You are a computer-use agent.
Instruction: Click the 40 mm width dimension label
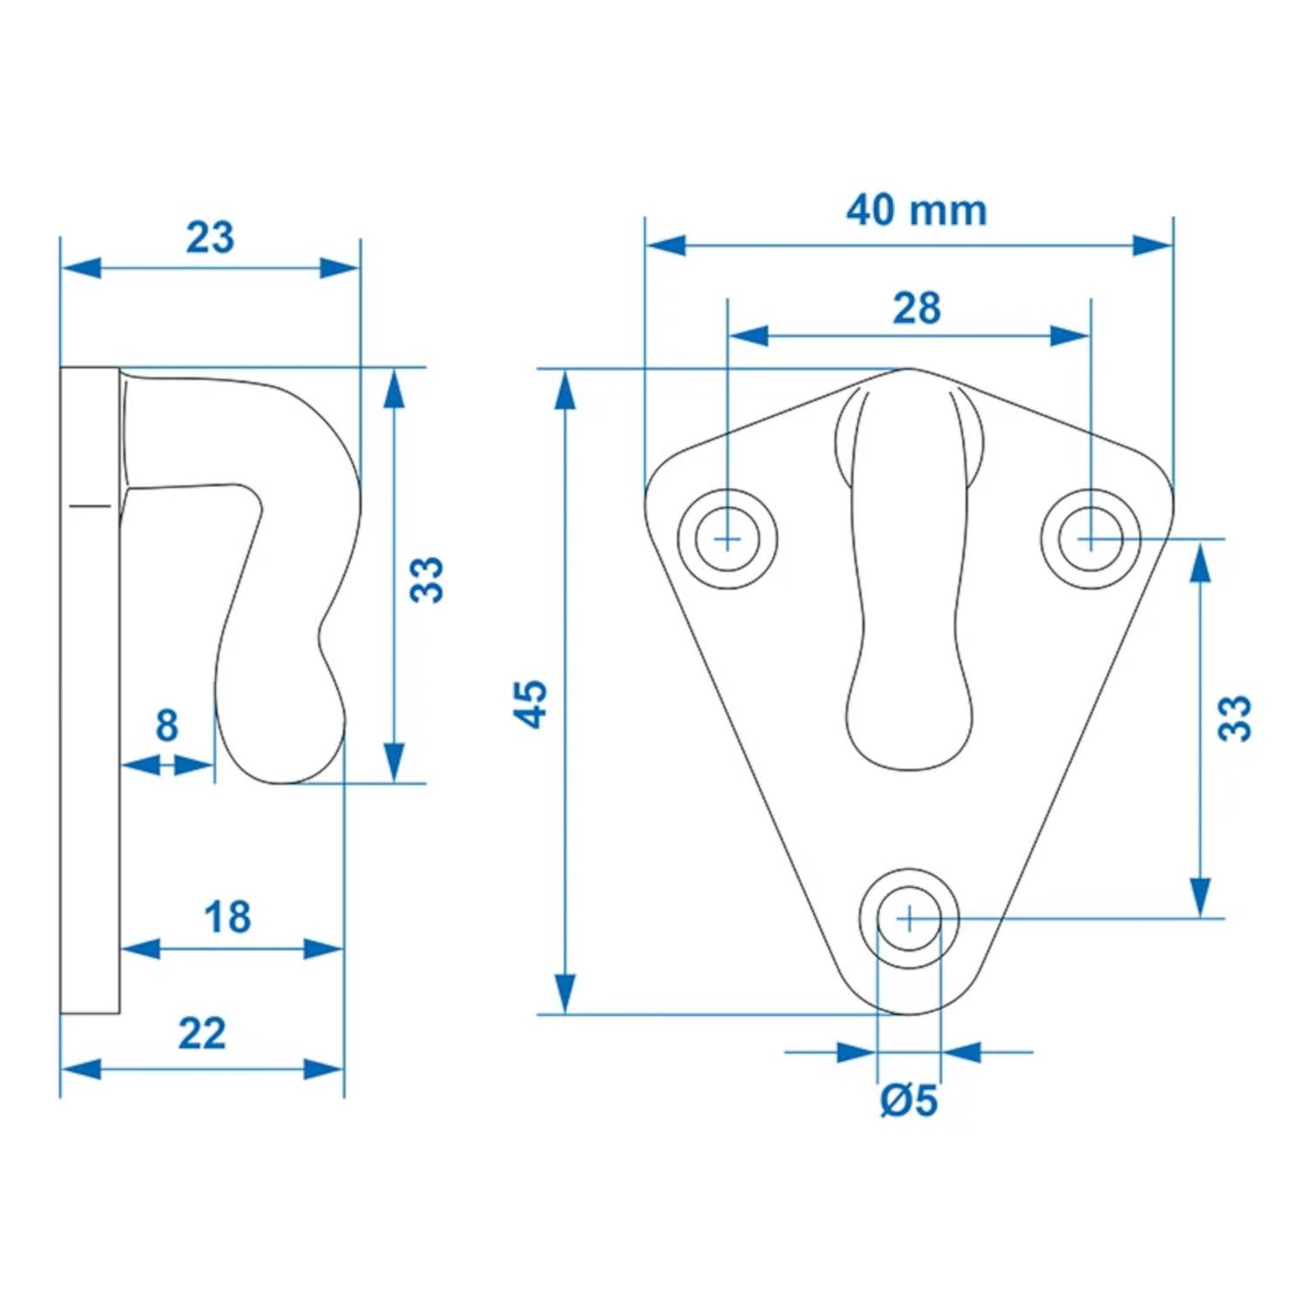pyautogui.click(x=916, y=211)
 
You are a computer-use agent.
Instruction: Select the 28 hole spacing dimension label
pyautogui.click(x=916, y=309)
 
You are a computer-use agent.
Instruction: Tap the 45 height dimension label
pyautogui.click(x=530, y=704)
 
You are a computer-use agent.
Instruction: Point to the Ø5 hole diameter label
pyautogui.click(x=908, y=1100)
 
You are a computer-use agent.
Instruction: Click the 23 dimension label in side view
pyautogui.click(x=210, y=238)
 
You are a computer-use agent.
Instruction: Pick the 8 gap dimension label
pyautogui.click(x=167, y=725)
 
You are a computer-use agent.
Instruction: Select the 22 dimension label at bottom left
pyautogui.click(x=202, y=1034)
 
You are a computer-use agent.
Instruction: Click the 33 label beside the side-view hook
pyautogui.click(x=427, y=579)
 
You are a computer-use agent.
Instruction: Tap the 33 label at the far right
pyautogui.click(x=1235, y=718)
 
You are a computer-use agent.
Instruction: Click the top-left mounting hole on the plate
pyautogui.click(x=727, y=538)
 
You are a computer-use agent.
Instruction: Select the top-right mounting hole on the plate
pyautogui.click(x=1090, y=538)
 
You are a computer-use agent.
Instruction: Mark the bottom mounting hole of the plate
pyautogui.click(x=909, y=919)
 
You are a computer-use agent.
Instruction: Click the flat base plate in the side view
pyautogui.click(x=90, y=690)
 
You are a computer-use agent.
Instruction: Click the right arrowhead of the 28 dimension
pyautogui.click(x=1071, y=336)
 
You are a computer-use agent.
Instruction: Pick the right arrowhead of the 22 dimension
pyautogui.click(x=324, y=1069)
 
